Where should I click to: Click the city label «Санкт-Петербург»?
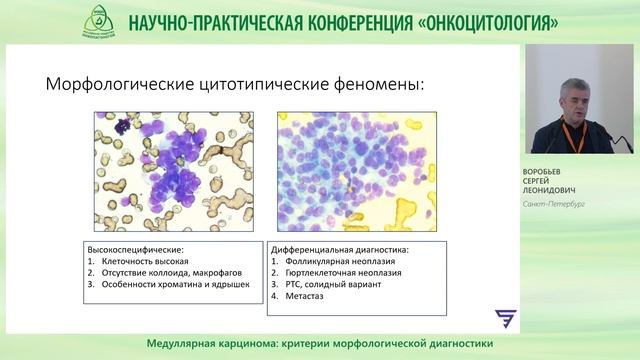pos(553,204)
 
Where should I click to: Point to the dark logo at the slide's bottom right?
pos(506,319)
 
